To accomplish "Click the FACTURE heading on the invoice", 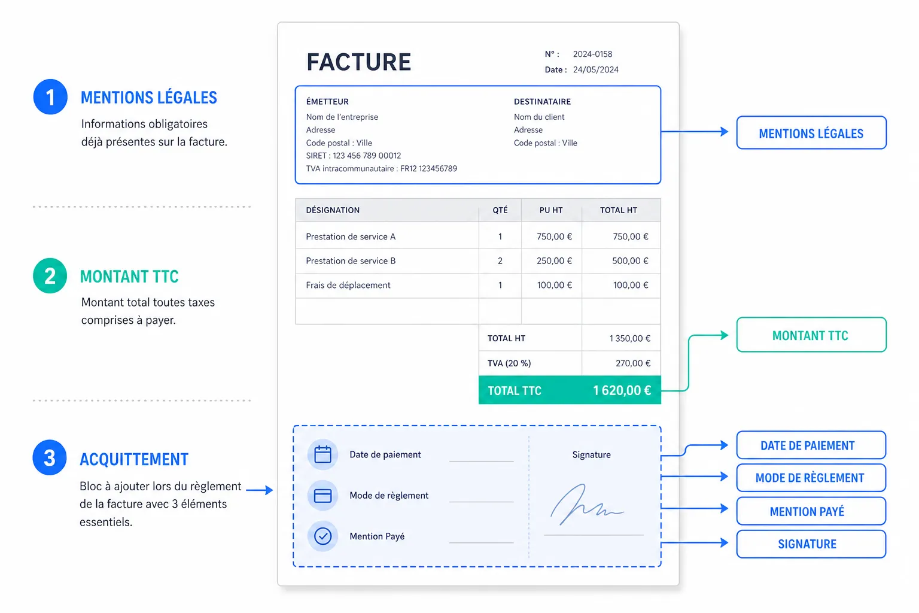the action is [x=358, y=62].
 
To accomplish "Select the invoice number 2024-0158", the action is [x=592, y=54].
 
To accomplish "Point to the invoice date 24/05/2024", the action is [x=596, y=70].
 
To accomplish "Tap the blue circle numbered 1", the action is [x=50, y=97].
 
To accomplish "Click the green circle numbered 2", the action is [x=50, y=275].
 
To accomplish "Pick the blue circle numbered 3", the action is [x=50, y=457].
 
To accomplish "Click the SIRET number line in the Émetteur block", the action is [x=353, y=156].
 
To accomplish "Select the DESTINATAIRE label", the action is [x=542, y=101].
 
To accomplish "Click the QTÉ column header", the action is [x=500, y=210].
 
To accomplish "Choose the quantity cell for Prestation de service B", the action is [x=500, y=261].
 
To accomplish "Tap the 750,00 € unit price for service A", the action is [x=554, y=236].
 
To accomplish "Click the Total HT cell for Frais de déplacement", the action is [x=630, y=285].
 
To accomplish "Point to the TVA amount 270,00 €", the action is [x=632, y=363].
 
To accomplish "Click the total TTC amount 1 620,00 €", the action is [x=622, y=390].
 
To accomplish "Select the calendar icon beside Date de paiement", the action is [x=322, y=454].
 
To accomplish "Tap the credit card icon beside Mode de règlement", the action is [x=322, y=496].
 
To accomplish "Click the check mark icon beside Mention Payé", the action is [x=322, y=536].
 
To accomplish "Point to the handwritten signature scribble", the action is [x=586, y=505].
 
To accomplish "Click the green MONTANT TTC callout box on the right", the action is [x=811, y=335].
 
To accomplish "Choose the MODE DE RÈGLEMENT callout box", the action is [x=811, y=478].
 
